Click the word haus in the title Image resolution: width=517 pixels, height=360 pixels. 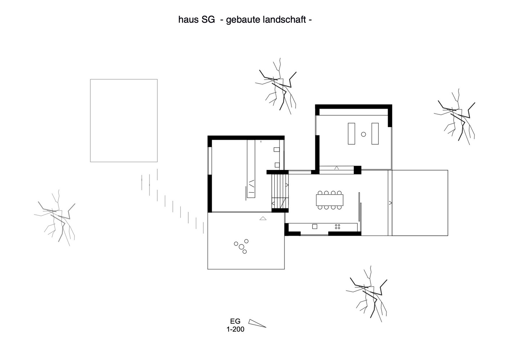[188, 19]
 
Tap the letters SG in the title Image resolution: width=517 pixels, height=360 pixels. [208, 19]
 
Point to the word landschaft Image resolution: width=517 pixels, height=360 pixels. [284, 19]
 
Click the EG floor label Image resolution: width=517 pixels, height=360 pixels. [235, 321]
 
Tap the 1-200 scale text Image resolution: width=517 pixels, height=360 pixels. [235, 329]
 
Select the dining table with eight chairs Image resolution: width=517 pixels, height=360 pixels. [329, 200]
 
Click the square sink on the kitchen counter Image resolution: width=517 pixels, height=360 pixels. [315, 226]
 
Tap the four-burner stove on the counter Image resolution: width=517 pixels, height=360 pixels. [337, 226]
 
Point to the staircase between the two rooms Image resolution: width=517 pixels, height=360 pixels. [280, 191]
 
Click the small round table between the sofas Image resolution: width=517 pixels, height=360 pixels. [364, 134]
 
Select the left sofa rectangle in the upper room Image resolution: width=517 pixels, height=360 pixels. [351, 134]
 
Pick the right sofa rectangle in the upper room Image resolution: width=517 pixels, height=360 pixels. [375, 134]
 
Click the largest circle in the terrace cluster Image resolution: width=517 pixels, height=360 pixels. [242, 247]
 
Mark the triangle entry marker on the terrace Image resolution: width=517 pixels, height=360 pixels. [263, 218]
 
